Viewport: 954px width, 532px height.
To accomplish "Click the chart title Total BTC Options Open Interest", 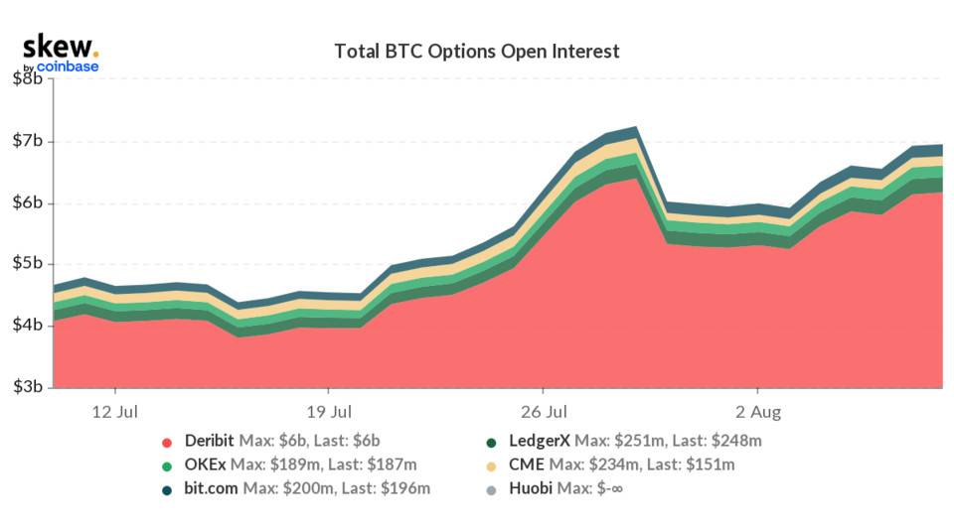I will tap(476, 51).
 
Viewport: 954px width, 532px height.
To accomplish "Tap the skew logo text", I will tap(60, 46).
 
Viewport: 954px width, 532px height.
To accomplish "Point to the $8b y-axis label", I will tap(27, 79).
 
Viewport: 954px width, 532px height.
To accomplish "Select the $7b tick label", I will tap(27, 141).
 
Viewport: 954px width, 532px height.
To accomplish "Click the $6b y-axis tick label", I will tap(27, 202).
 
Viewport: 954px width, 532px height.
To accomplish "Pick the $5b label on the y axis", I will tap(27, 264).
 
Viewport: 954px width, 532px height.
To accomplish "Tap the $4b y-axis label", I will tap(27, 326).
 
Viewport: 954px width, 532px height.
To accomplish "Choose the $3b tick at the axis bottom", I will tap(27, 387).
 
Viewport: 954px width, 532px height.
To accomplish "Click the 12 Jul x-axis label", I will tap(115, 410).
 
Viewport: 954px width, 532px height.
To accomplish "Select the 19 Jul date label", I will tap(329, 410).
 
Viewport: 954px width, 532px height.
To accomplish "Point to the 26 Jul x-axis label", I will tap(544, 410).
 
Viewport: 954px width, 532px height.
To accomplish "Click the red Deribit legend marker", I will tap(167, 441).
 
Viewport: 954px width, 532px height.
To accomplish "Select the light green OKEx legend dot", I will tap(167, 465).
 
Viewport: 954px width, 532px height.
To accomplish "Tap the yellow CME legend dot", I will tap(491, 465).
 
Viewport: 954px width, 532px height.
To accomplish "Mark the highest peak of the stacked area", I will tap(634, 128).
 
